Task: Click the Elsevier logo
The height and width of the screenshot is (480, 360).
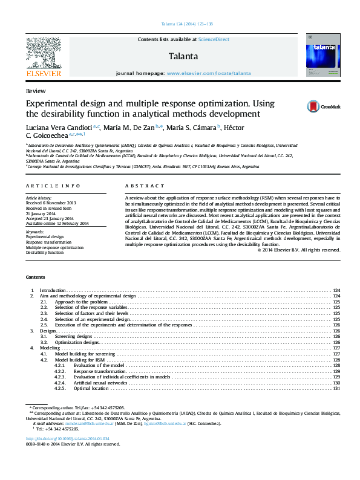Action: tap(43, 57)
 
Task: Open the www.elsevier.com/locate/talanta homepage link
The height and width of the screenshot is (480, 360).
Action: tap(208, 73)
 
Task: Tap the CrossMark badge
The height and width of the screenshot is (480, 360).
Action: tap(323, 106)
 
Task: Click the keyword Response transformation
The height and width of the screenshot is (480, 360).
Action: tap(49, 242)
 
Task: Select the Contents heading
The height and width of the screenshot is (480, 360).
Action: tap(35, 277)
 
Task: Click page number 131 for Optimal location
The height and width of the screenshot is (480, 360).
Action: tap(337, 388)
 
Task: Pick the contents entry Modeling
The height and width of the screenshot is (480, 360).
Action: tap(50, 348)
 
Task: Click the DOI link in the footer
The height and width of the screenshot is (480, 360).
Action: tap(68, 438)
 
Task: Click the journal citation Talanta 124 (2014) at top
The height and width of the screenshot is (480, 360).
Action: tap(180, 24)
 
